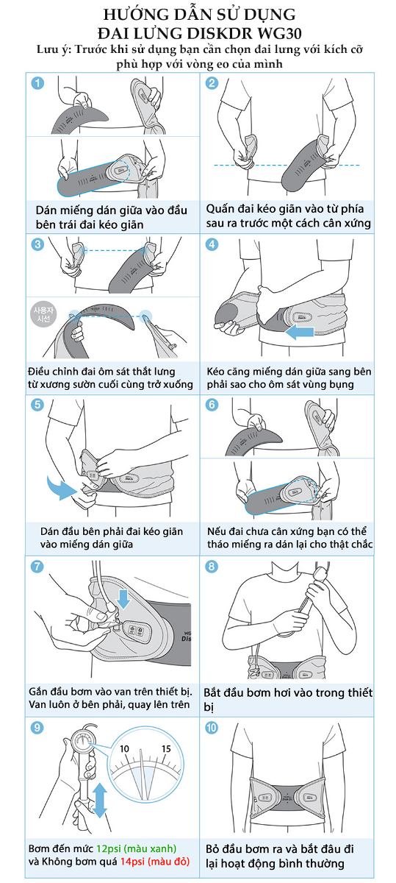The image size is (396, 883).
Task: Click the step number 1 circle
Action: click(x=37, y=83)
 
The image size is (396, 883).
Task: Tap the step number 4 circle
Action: click(x=212, y=244)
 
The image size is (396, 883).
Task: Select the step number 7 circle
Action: click(x=37, y=567)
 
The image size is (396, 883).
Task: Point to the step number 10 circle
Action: click(x=212, y=728)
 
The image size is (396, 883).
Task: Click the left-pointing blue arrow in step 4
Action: click(x=299, y=332)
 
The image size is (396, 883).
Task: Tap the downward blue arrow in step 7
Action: click(x=124, y=599)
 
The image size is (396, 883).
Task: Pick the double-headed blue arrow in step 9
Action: click(x=100, y=801)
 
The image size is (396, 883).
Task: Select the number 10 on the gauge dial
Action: click(x=124, y=748)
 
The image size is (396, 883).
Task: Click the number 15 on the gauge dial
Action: click(x=166, y=748)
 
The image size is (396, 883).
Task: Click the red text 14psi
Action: click(x=133, y=862)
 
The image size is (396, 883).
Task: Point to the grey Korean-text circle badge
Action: click(x=43, y=315)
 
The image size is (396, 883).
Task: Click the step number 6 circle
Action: click(x=212, y=405)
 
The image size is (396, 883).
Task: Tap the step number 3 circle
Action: click(x=37, y=244)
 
